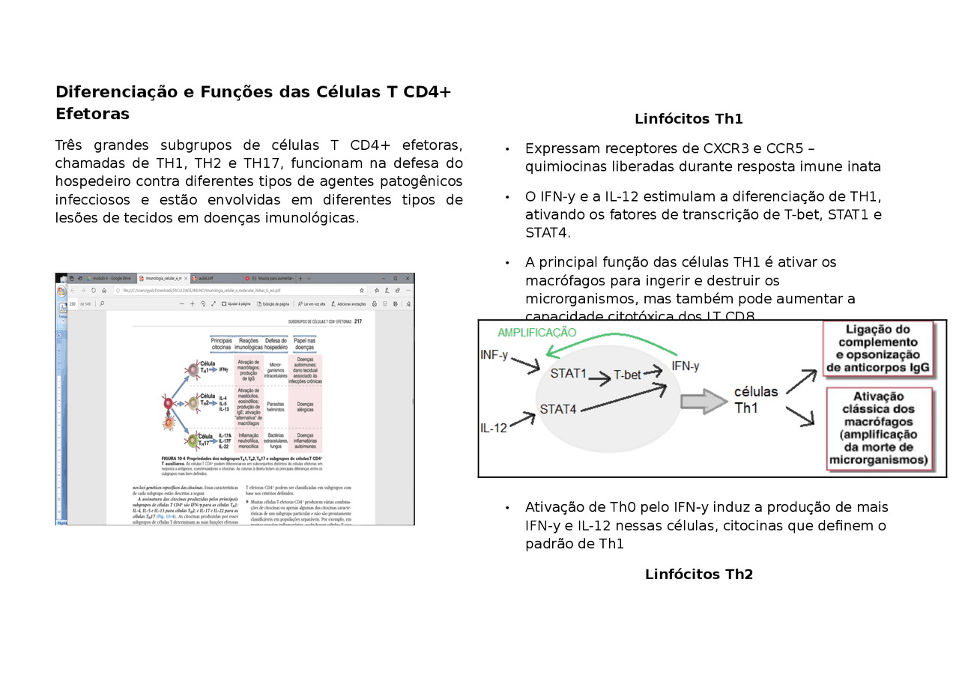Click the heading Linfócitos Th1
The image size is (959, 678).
coord(689,119)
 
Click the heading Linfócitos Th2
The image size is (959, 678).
coord(698,575)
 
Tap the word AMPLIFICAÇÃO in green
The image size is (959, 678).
coord(537,333)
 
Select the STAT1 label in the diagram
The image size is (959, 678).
coord(569,373)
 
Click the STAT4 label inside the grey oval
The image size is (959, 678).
coord(558,409)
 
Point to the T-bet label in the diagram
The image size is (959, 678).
coord(627,375)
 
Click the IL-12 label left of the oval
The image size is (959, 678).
coord(494,429)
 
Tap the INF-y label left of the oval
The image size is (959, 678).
coord(494,354)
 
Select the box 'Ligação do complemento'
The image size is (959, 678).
coord(877,348)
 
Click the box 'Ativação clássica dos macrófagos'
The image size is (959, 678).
coord(878,428)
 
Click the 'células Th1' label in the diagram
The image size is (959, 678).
coord(756,400)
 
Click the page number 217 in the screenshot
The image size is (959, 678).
coord(358,321)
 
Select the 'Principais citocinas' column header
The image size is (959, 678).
coord(221,344)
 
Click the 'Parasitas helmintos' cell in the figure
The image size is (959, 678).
coord(275,405)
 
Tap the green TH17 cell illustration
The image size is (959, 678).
coord(194,441)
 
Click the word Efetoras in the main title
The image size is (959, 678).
coord(92,114)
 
